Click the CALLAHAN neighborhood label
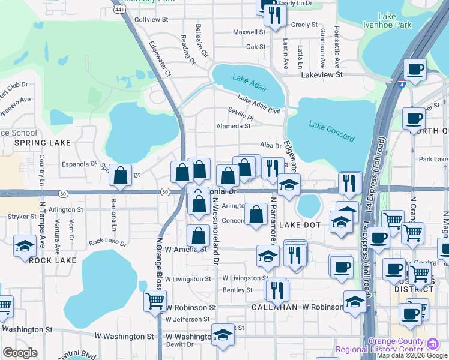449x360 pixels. pyautogui.click(x=275, y=307)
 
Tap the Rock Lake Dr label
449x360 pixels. pyautogui.click(x=107, y=243)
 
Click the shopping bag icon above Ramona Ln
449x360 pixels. pyautogui.click(x=121, y=176)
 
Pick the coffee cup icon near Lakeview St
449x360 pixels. pyautogui.click(x=415, y=70)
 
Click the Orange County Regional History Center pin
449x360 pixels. pyautogui.click(x=432, y=344)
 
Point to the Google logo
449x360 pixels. pyautogui.click(x=20, y=353)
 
